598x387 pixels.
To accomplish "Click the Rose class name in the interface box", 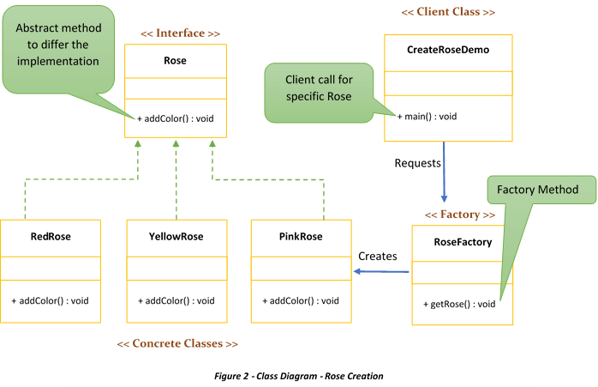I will coord(175,61).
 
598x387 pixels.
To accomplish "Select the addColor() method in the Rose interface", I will coord(175,118).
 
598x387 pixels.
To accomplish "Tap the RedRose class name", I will coord(50,236).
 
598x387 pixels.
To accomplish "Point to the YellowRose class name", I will coord(176,236).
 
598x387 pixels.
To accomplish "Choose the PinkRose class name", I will coord(300,236).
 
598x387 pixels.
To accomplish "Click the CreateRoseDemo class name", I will coord(447,50).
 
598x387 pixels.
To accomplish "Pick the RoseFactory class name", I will coord(463,242).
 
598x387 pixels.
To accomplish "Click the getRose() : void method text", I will coord(459,304).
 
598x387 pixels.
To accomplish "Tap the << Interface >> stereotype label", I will coord(180,33).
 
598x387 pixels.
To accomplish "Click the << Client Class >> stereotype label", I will coord(447,12).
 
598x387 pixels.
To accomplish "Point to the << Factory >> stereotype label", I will coord(459,214).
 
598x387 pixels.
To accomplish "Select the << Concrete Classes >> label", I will coord(177,343).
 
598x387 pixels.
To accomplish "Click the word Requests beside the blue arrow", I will coord(417,163).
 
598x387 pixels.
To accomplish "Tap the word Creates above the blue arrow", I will coord(377,256).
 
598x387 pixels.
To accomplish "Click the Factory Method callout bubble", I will coord(537,190).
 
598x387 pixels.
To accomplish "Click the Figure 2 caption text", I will coord(298,377).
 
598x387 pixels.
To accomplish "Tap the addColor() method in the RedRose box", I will coord(50,300).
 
